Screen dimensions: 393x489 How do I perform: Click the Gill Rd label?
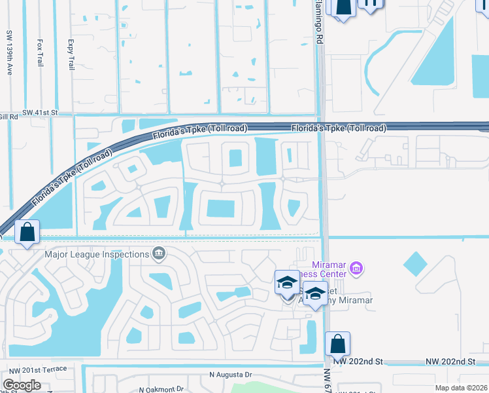point(8,116)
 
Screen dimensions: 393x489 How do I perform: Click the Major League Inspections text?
point(97,254)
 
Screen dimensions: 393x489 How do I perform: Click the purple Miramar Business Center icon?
point(356,267)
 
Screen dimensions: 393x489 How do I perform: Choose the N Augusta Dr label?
point(231,375)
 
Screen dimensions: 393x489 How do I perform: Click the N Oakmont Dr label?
point(162,388)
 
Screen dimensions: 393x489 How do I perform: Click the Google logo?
point(22,385)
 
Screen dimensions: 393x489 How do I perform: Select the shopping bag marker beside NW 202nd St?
point(337,344)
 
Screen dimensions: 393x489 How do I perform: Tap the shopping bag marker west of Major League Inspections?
point(27,233)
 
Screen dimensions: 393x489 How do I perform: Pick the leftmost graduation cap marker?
point(287,283)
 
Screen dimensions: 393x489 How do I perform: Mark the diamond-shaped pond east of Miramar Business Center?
point(415,264)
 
